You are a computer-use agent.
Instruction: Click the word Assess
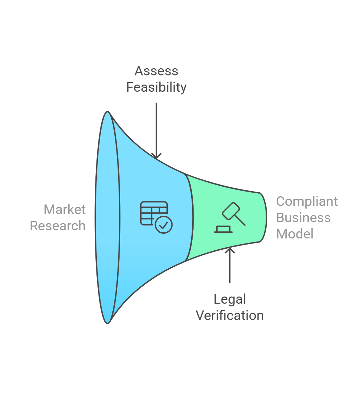156,71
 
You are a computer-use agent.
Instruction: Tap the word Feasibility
156,87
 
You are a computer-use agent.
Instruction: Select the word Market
65,210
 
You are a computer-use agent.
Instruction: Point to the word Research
58,226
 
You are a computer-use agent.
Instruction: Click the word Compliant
307,201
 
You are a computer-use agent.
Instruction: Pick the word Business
303,218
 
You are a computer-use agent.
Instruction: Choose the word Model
295,234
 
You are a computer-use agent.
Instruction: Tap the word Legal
230,299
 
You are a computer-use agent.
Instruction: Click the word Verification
230,316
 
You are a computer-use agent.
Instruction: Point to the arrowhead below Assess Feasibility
156,156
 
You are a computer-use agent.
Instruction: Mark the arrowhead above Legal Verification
230,250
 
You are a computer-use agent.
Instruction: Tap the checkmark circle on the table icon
164,225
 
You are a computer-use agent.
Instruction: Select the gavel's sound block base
223,230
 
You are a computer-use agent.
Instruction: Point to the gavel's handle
239,219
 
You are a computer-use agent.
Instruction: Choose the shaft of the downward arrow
156,129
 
